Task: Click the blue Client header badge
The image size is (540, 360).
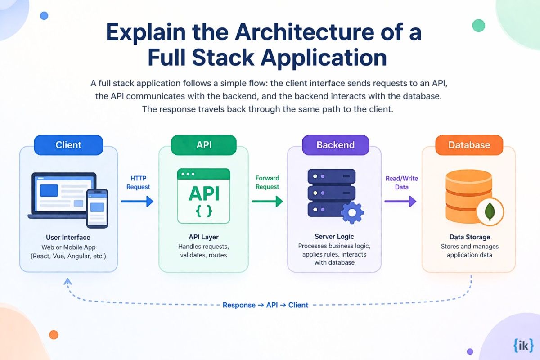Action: click(68, 145)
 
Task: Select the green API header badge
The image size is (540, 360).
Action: click(203, 145)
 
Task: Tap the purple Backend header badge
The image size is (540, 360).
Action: click(335, 145)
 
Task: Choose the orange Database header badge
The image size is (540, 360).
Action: click(468, 145)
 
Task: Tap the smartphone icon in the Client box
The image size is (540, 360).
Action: click(97, 208)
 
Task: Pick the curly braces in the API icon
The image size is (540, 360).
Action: click(204, 211)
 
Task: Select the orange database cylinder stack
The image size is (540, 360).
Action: click(466, 198)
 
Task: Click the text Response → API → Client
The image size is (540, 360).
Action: click(265, 305)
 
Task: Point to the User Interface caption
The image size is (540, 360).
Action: click(68, 237)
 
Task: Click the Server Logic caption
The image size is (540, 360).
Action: click(334, 237)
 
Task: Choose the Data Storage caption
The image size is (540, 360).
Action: click(470, 237)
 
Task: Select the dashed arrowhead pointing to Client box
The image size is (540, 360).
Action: click(68, 282)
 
